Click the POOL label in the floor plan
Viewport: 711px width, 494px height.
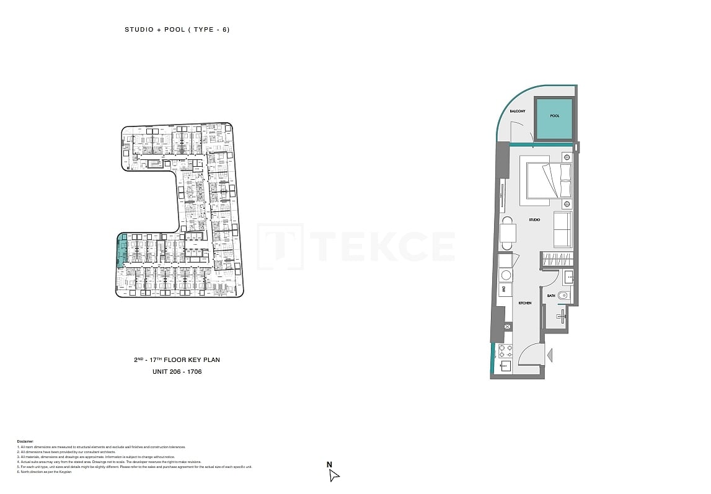tap(554, 116)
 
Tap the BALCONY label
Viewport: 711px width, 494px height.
tap(518, 112)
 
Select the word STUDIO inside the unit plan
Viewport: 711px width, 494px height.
tap(534, 220)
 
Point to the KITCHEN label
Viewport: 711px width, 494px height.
tap(525, 303)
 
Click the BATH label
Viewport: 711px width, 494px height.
tap(551, 296)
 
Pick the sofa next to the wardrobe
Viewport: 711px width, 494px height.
tap(562, 229)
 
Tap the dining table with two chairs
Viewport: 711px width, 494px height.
tap(508, 233)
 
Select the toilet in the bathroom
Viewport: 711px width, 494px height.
tap(562, 296)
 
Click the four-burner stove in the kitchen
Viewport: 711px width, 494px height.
tap(505, 351)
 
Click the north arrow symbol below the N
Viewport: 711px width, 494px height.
tap(333, 475)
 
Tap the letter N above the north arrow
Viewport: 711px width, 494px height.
tap(330, 464)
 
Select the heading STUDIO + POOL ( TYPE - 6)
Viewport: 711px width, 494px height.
tap(177, 30)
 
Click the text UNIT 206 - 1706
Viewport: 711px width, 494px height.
tap(177, 372)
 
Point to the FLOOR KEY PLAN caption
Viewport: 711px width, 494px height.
tap(177, 359)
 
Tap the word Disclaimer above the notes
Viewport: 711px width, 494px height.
tap(25, 441)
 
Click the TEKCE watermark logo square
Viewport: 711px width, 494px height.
tap(280, 246)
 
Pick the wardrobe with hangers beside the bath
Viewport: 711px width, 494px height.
tap(557, 260)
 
